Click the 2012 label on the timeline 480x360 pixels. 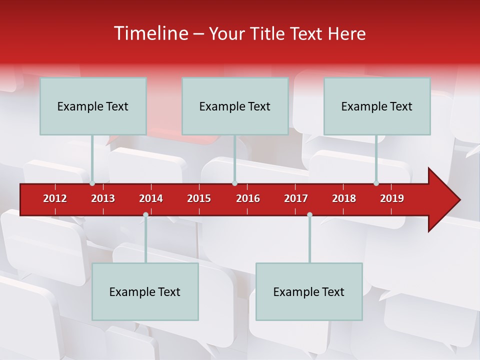click(55, 198)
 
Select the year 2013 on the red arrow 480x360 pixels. click(103, 198)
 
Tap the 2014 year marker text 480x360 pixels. click(151, 198)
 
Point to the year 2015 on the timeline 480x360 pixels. click(199, 198)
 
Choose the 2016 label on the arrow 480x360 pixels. click(248, 198)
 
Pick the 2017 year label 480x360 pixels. click(296, 198)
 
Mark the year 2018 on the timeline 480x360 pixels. click(344, 198)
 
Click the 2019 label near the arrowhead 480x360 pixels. click(392, 198)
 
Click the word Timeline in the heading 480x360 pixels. click(151, 33)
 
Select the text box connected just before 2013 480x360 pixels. click(93, 106)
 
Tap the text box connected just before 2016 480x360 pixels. click(235, 106)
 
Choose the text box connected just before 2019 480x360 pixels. click(377, 106)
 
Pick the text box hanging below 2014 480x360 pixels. click(145, 291)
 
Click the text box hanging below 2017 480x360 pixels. click(309, 291)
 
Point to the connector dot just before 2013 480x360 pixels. click(92, 183)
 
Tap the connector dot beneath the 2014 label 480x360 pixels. click(145, 215)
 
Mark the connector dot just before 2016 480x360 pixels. click(234, 183)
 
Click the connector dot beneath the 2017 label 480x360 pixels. click(309, 215)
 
